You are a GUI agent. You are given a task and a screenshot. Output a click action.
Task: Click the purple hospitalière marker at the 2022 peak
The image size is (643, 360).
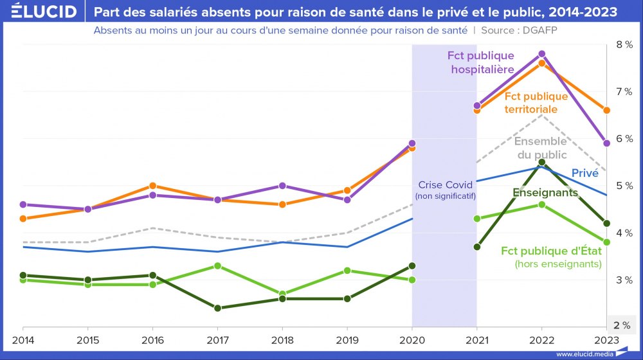point(541,54)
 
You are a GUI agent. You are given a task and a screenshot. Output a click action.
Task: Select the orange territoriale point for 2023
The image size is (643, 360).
point(606,111)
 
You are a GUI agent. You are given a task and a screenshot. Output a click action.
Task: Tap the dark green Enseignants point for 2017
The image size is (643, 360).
point(217,308)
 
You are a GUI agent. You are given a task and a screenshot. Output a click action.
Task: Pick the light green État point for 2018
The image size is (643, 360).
point(282,294)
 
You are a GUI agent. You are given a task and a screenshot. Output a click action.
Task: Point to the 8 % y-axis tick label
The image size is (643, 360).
point(624,44)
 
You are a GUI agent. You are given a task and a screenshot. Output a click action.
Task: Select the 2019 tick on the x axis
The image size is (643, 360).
point(347,339)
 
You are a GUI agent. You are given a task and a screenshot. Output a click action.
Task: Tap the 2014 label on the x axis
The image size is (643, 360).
point(23,339)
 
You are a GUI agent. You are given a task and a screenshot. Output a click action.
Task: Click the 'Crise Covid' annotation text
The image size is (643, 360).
point(445,184)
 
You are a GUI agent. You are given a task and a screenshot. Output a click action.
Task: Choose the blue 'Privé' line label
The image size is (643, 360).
point(584,172)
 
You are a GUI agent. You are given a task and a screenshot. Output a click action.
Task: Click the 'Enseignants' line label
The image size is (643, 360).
point(545,192)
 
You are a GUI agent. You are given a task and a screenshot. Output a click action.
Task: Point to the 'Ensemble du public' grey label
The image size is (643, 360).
point(541,148)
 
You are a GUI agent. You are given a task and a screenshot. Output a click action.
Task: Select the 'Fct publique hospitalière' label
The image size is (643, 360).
point(481,62)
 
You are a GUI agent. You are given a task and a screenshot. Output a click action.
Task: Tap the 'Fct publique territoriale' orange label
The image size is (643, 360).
point(536,103)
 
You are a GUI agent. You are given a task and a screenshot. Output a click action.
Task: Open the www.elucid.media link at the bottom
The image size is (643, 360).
point(584,354)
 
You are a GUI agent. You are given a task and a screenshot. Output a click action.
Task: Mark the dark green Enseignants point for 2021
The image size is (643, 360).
point(476,247)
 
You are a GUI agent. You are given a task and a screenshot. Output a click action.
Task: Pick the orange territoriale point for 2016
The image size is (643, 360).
point(153,186)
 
